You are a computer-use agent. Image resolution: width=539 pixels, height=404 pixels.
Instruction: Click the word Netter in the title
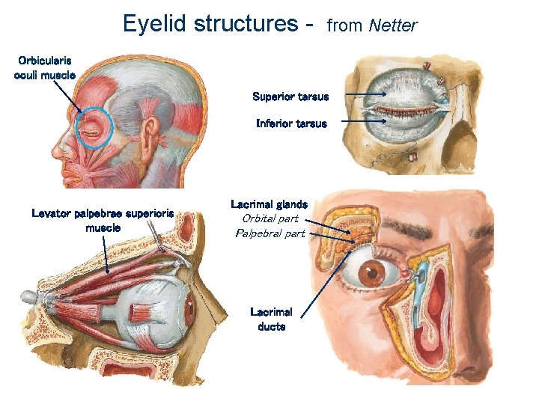coord(393,25)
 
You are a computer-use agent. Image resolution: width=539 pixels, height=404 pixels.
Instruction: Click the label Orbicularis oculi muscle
coord(45,67)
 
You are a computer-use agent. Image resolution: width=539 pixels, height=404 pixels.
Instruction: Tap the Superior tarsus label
coord(290,97)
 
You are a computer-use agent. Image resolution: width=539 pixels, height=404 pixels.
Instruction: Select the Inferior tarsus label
coord(291,123)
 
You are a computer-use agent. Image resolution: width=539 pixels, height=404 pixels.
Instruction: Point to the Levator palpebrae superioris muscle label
coord(103,220)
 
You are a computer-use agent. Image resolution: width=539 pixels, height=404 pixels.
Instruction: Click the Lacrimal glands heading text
coord(269,204)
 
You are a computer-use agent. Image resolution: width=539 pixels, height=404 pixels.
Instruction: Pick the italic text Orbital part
coord(269,218)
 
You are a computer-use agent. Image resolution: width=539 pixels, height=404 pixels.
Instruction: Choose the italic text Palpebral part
coord(269,233)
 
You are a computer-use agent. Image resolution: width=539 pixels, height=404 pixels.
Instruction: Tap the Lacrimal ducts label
coord(271,319)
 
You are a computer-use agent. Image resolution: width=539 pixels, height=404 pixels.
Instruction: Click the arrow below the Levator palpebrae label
coord(107,254)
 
